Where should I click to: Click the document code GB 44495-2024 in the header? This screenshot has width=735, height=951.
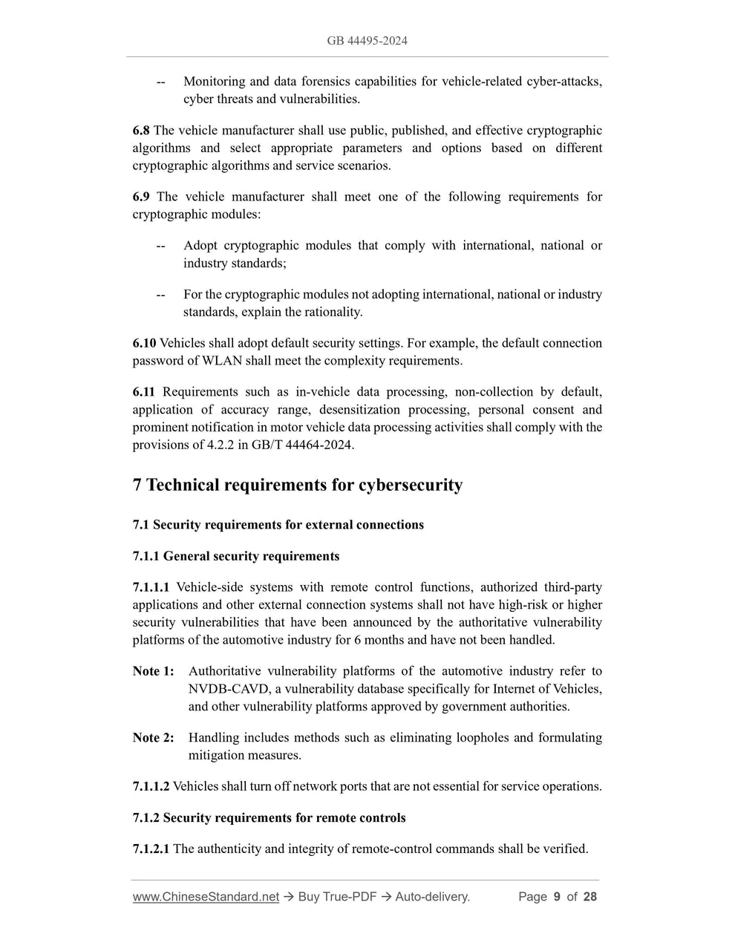coord(367,41)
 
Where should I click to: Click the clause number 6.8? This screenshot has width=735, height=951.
coord(141,131)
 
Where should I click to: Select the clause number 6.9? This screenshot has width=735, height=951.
coord(141,197)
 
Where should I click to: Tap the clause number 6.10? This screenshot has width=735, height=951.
coord(144,343)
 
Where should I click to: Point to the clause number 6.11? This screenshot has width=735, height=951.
coord(144,392)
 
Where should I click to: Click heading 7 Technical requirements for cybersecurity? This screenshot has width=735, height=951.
coord(297,486)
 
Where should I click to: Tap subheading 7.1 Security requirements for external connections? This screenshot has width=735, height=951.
coord(278,525)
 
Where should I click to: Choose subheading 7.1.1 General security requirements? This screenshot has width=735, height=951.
coord(235,556)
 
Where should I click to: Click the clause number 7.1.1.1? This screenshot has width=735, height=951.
coord(151,587)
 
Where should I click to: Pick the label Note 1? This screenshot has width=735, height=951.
coord(153,671)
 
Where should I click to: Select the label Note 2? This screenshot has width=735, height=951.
coord(153,738)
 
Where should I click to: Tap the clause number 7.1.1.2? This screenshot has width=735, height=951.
coord(151,786)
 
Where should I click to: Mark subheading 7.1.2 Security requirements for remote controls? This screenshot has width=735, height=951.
coord(269,818)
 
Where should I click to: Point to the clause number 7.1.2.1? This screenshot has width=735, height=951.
coord(151,849)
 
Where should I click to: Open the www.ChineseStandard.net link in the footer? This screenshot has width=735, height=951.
coord(206,897)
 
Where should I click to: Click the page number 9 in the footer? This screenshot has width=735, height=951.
coord(557,897)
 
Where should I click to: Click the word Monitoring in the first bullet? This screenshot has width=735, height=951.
coord(215,82)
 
